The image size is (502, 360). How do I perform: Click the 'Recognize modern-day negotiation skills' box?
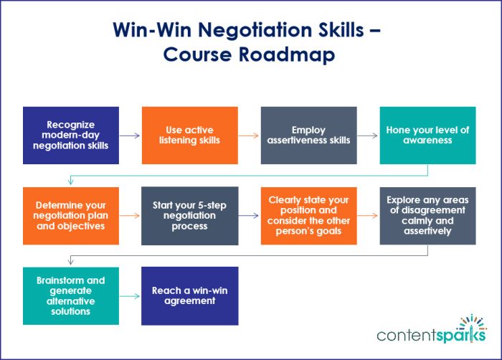(71, 136)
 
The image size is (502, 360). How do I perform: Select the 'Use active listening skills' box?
(189, 136)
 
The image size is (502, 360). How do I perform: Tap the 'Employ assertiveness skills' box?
(308, 136)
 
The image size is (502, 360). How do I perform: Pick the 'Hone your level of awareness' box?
(427, 136)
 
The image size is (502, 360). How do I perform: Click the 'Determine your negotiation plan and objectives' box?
(71, 216)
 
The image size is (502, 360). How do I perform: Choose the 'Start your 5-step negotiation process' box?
(189, 216)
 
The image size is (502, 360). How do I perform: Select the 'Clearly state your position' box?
(308, 216)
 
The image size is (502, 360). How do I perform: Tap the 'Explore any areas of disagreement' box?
(427, 216)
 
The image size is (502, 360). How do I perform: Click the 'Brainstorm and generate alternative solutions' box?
(71, 296)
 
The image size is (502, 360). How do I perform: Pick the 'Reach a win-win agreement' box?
(189, 296)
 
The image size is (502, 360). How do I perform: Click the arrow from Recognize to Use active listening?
(131, 136)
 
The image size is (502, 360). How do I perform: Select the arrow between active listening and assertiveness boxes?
(249, 136)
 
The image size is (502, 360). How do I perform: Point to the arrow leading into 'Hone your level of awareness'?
(368, 136)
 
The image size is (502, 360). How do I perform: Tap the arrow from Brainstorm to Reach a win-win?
(131, 296)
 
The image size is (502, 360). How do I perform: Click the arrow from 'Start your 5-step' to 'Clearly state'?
(249, 216)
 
